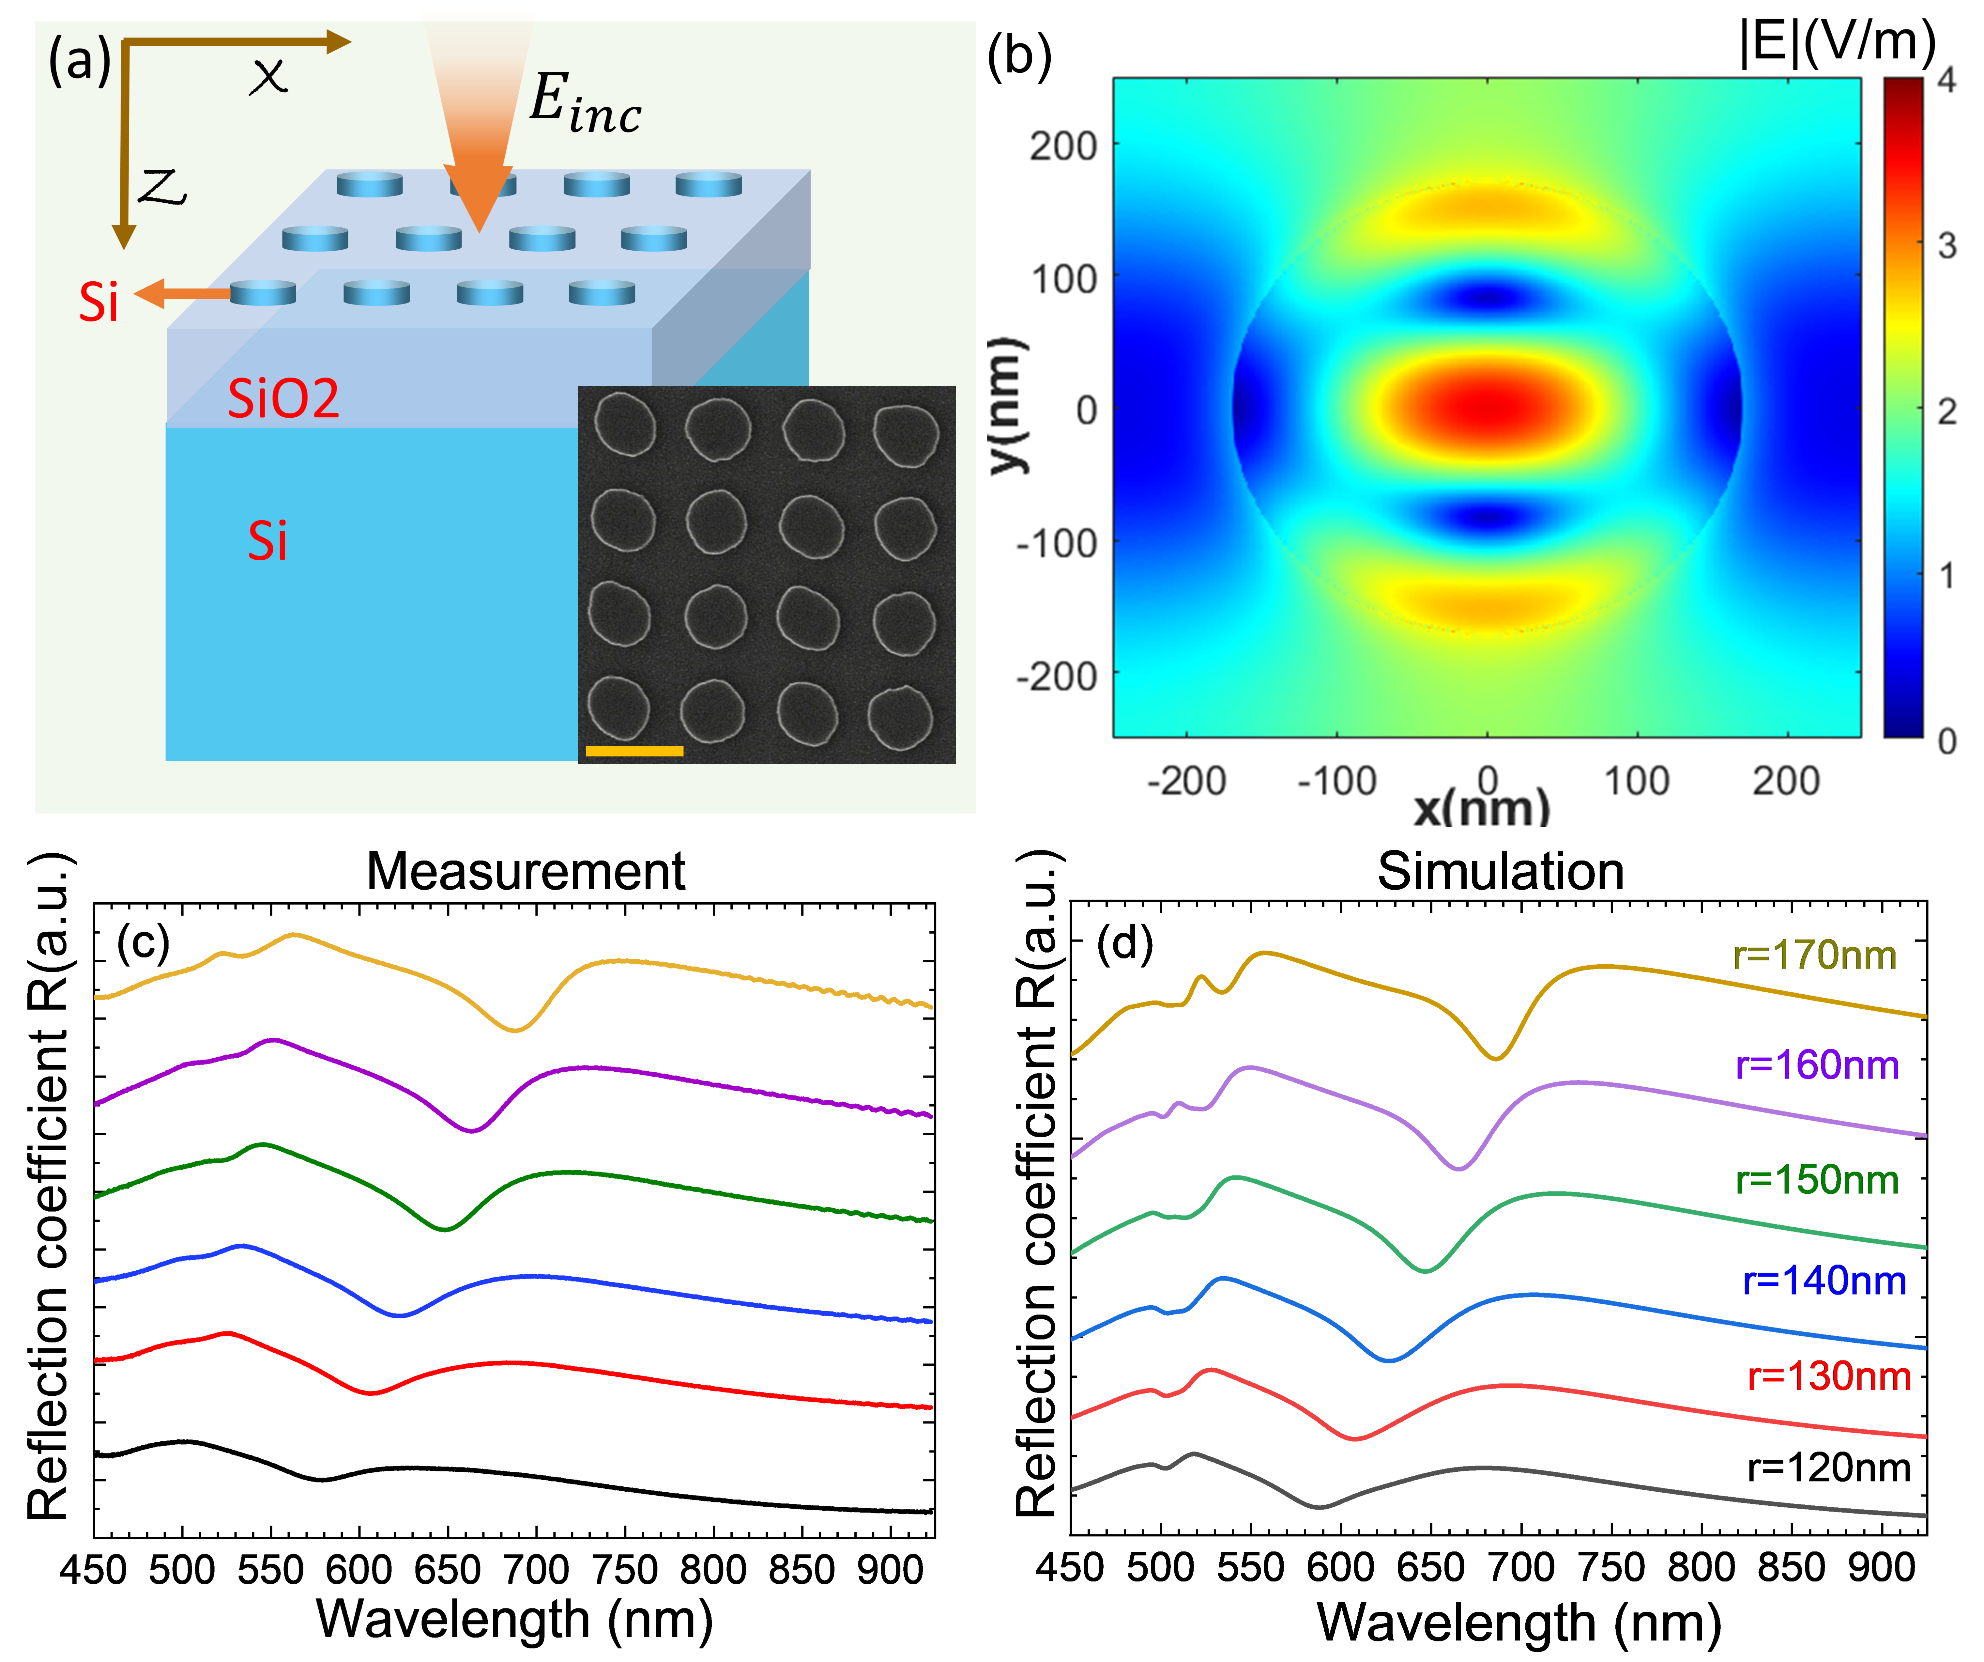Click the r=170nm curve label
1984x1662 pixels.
tap(1814, 956)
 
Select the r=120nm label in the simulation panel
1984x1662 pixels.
tap(1828, 1468)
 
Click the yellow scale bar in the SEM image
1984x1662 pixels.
tap(634, 751)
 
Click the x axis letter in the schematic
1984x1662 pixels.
tap(268, 76)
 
